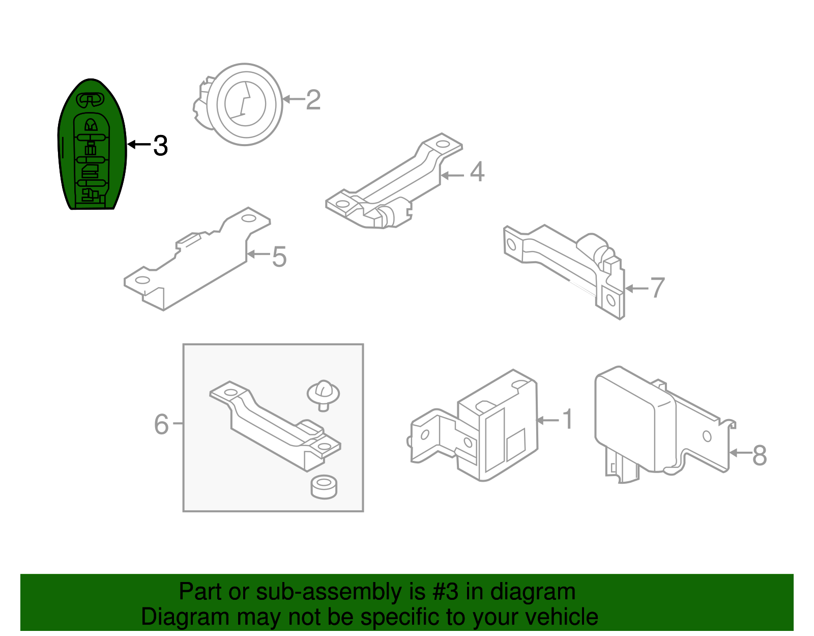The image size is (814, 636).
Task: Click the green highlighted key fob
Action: (92, 144)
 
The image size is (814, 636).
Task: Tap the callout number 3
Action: (161, 146)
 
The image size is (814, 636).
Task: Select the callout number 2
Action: (313, 100)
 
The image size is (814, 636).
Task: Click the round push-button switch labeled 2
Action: (239, 104)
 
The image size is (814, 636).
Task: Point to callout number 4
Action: (477, 172)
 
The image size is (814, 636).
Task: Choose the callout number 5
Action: (279, 257)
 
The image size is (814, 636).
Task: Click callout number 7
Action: (657, 288)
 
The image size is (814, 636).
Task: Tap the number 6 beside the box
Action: (161, 425)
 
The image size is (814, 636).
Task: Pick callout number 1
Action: (568, 420)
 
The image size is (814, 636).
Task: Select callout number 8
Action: (759, 455)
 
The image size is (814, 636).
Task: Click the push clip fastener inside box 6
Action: (323, 396)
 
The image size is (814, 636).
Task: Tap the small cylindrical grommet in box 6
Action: (324, 487)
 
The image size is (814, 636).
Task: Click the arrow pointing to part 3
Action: (139, 144)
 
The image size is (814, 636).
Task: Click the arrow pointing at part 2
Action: (294, 99)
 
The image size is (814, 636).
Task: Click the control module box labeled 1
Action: (474, 426)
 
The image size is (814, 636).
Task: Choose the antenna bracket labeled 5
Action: (197, 259)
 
